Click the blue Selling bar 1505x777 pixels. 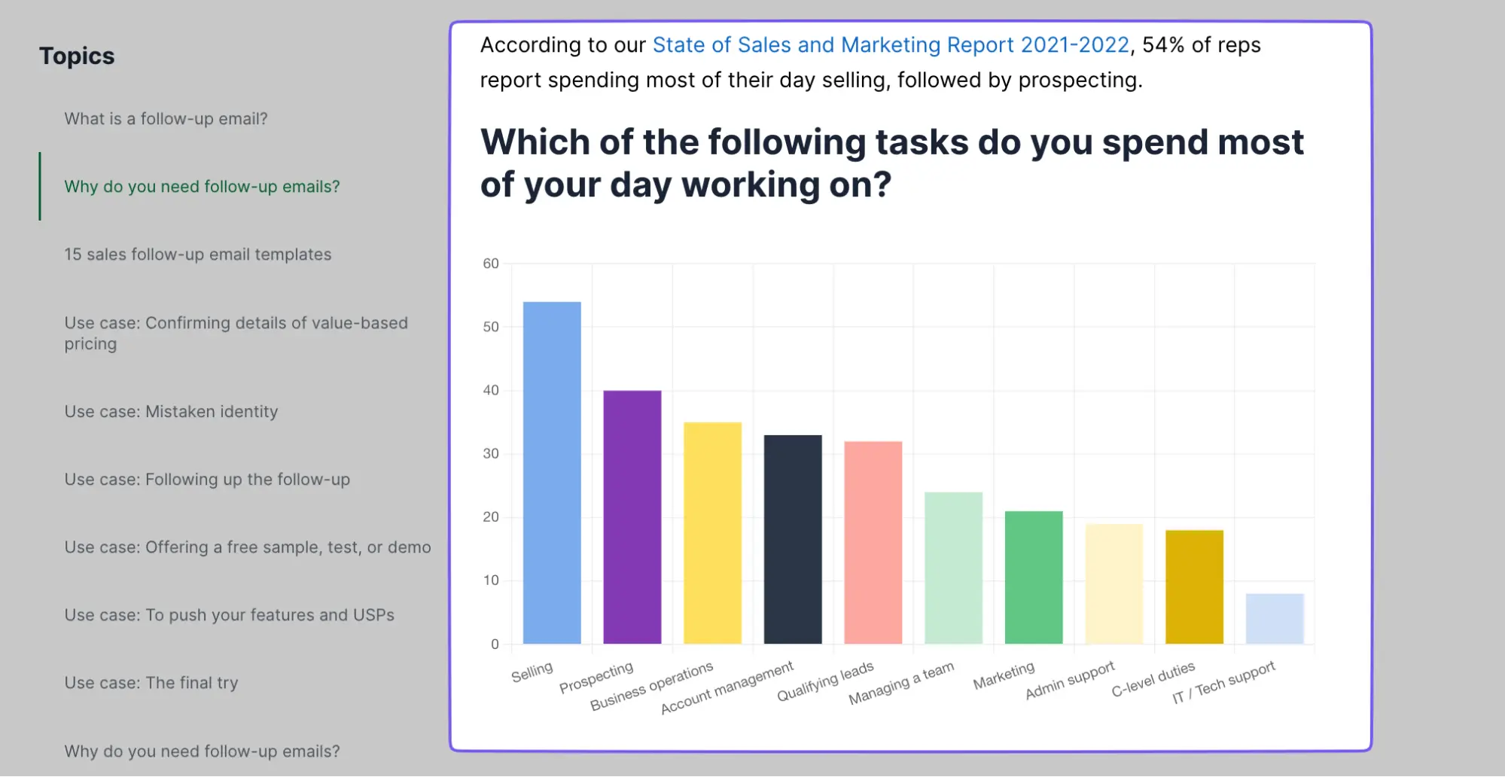(x=552, y=473)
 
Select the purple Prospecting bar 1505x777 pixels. (x=632, y=516)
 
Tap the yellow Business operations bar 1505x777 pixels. (x=712, y=533)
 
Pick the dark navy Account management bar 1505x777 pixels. (x=793, y=539)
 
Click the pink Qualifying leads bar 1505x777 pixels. (x=873, y=542)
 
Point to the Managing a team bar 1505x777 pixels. (x=953, y=568)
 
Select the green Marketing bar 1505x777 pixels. (x=1034, y=577)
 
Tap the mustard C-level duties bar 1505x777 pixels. (x=1194, y=587)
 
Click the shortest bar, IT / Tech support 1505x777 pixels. (x=1275, y=618)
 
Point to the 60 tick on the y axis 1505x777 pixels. (x=491, y=264)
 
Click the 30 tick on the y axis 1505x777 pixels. (x=491, y=453)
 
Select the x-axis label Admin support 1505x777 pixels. (x=1069, y=681)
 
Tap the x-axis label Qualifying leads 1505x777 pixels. (x=825, y=681)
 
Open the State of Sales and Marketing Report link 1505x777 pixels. (x=891, y=45)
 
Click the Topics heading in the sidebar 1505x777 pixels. (x=77, y=56)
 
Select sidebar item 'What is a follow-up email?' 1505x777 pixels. (x=166, y=119)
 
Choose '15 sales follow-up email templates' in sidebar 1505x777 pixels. (x=197, y=254)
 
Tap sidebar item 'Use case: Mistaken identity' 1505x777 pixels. (x=171, y=412)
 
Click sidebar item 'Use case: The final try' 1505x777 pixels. (x=151, y=683)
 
